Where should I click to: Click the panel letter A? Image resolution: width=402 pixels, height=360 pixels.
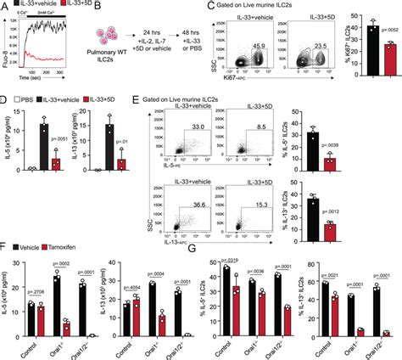click(6, 8)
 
